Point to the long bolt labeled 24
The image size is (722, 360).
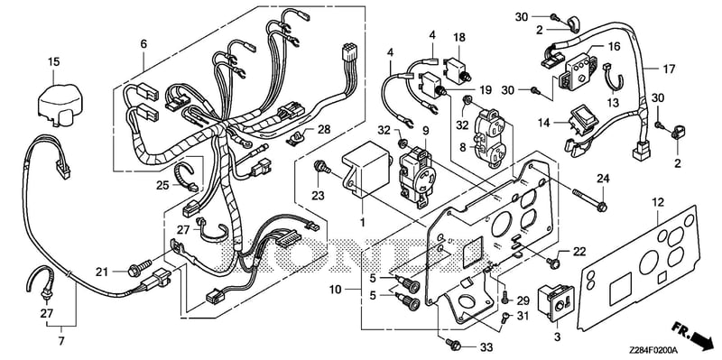tap(589, 199)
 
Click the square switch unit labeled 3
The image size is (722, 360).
tap(557, 302)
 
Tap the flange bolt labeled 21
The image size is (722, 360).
tap(139, 269)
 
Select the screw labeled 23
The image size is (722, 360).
tap(322, 168)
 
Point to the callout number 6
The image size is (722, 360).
tap(143, 44)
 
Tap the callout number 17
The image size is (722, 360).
tap(669, 69)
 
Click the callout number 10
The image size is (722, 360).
tap(336, 290)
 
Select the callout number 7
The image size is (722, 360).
tap(61, 342)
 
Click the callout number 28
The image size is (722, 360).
tap(324, 129)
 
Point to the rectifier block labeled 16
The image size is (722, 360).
tap(577, 71)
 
